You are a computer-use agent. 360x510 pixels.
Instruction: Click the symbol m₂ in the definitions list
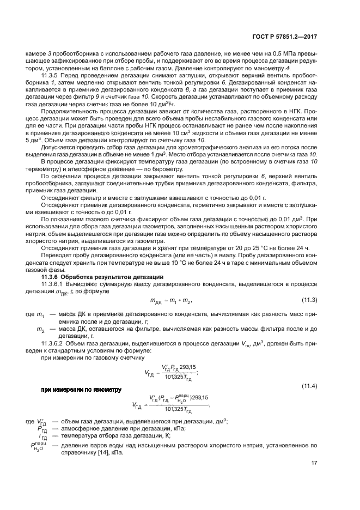40,330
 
